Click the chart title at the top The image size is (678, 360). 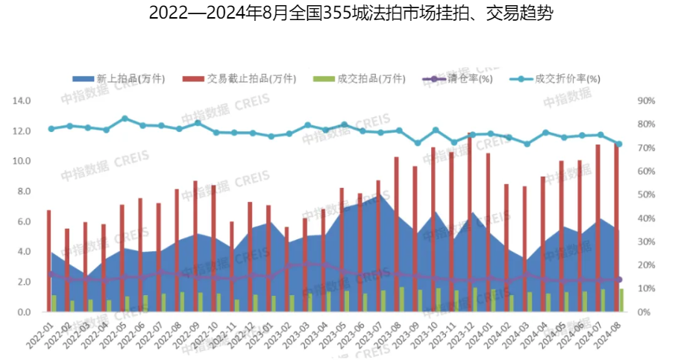point(339,13)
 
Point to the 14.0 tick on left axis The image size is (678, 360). point(22,101)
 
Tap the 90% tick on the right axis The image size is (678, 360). point(647,101)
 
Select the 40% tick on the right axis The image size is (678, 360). point(647,218)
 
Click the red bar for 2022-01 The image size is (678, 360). point(49,261)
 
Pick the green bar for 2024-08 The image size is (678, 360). point(622,300)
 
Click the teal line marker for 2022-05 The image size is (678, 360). point(125,119)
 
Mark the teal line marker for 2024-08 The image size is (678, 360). point(619,144)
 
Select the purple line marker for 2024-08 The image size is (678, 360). point(619,280)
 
